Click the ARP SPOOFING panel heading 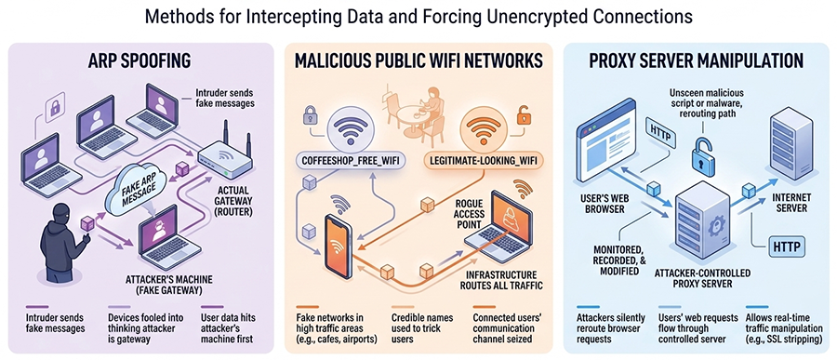point(140,62)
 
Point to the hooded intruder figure point(60,243)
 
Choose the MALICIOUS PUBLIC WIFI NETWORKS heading point(419,62)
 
